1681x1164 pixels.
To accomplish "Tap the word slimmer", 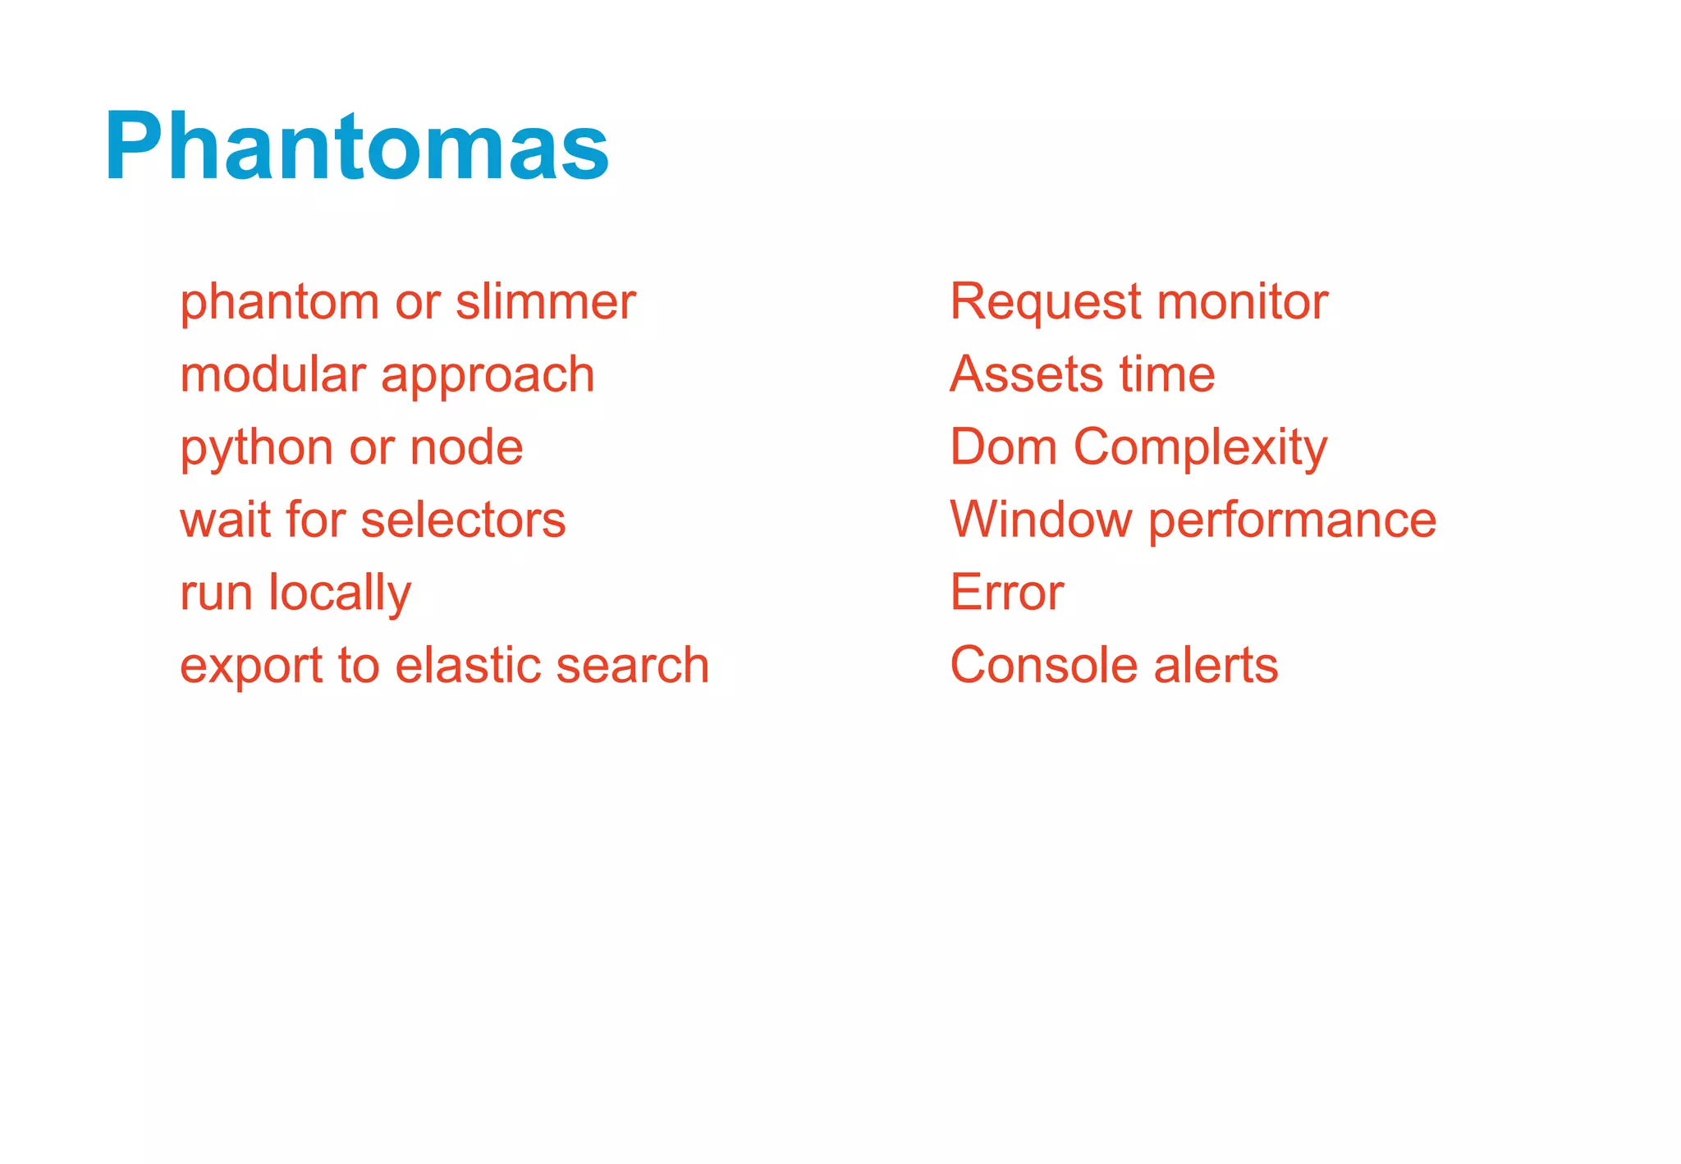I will click(x=546, y=301).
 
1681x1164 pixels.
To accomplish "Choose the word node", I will click(x=466, y=447).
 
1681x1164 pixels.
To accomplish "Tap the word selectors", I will click(x=463, y=520).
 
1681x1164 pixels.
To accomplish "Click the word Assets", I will click(x=1026, y=374).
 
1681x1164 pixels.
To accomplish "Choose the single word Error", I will click(x=1006, y=592).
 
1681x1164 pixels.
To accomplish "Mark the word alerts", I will click(x=1216, y=664).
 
